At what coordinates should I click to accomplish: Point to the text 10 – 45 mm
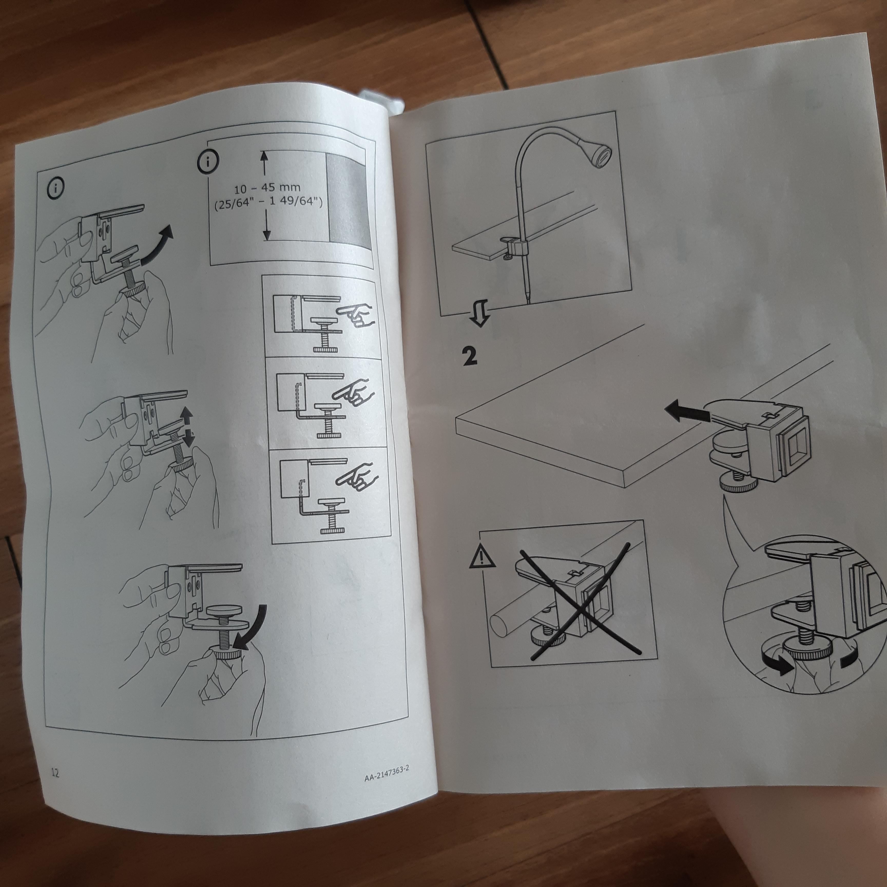[x=267, y=188]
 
